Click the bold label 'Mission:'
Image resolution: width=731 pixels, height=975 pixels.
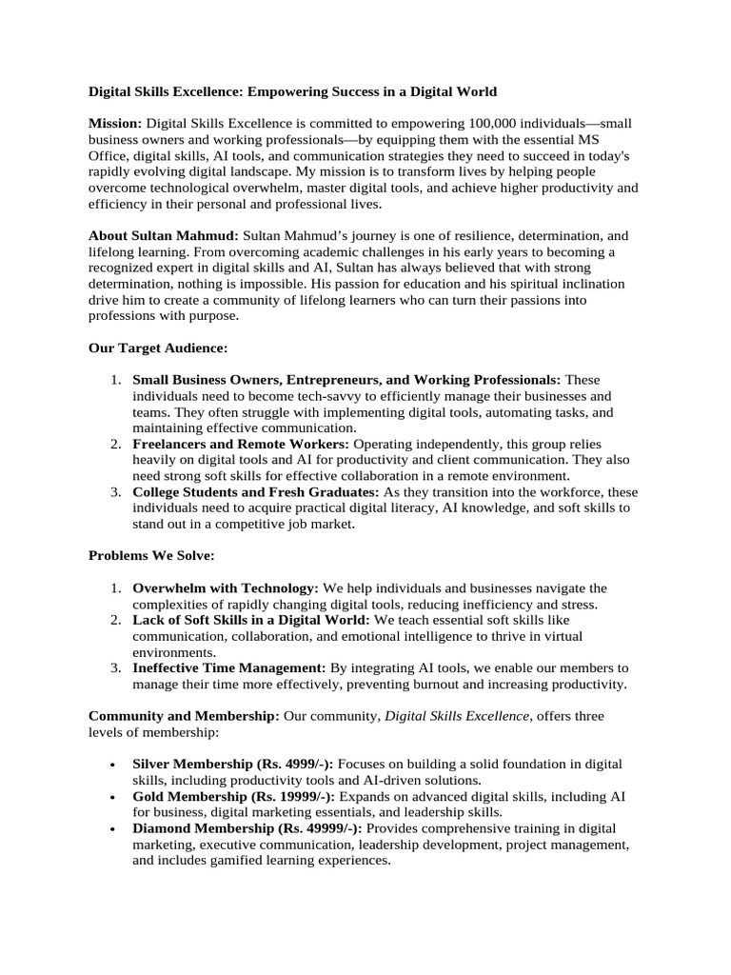pyautogui.click(x=115, y=124)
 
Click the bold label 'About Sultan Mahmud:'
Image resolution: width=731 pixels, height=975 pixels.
pyautogui.click(x=164, y=235)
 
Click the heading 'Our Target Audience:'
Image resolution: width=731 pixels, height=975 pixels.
pyautogui.click(x=158, y=348)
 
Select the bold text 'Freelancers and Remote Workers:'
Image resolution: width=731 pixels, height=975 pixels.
pyautogui.click(x=241, y=445)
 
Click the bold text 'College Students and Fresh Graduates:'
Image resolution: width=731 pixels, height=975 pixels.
pyautogui.click(x=255, y=492)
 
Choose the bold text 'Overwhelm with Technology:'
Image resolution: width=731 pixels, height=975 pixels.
pyautogui.click(x=226, y=588)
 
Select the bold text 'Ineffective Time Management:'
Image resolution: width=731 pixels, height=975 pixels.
pyautogui.click(x=229, y=669)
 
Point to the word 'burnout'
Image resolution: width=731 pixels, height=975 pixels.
pyautogui.click(x=443, y=685)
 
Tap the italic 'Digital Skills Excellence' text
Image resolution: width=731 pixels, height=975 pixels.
pyautogui.click(x=459, y=716)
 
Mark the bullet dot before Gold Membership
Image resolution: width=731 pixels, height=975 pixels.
pyautogui.click(x=114, y=797)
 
